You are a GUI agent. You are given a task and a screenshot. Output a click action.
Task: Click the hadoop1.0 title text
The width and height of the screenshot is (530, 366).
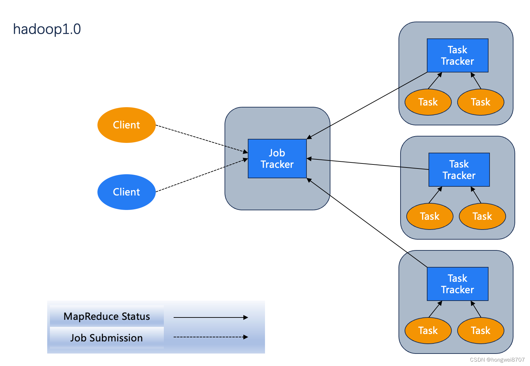pyautogui.click(x=47, y=29)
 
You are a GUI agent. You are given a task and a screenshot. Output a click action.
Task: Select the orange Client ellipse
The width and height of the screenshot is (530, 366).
pyautogui.click(x=126, y=125)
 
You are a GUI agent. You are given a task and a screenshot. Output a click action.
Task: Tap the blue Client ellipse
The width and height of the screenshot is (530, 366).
pyautogui.click(x=126, y=192)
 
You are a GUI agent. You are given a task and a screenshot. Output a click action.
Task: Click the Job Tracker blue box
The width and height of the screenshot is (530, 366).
pyautogui.click(x=277, y=159)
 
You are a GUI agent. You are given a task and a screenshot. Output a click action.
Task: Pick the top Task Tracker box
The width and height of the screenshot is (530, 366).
pyautogui.click(x=458, y=56)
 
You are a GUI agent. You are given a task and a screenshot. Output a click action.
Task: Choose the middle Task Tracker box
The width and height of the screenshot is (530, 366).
pyautogui.click(x=459, y=170)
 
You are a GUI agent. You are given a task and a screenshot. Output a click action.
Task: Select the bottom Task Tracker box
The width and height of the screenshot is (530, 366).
pyautogui.click(x=458, y=284)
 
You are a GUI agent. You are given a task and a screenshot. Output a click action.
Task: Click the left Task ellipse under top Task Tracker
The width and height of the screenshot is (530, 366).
pyautogui.click(x=428, y=102)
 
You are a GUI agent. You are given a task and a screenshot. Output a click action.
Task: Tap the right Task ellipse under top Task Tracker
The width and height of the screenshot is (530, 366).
pyautogui.click(x=480, y=102)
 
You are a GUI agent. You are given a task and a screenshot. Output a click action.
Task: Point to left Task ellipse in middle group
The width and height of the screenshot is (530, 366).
pyautogui.click(x=430, y=216)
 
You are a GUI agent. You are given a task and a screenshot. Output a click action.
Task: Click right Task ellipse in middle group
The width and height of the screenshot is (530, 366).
pyautogui.click(x=482, y=216)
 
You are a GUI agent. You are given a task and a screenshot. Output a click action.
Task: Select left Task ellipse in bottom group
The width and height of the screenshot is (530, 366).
pyautogui.click(x=428, y=331)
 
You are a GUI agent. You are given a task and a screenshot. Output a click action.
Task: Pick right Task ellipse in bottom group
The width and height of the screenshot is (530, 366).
pyautogui.click(x=480, y=331)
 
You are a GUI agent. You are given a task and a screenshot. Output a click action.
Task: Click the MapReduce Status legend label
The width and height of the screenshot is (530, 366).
pyautogui.click(x=107, y=316)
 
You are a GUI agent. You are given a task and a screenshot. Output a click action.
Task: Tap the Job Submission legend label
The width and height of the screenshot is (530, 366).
pyautogui.click(x=107, y=338)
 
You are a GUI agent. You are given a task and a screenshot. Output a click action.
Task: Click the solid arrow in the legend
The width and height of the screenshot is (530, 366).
pyautogui.click(x=210, y=317)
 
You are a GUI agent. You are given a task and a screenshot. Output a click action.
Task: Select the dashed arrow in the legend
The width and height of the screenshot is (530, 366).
pyautogui.click(x=210, y=337)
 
